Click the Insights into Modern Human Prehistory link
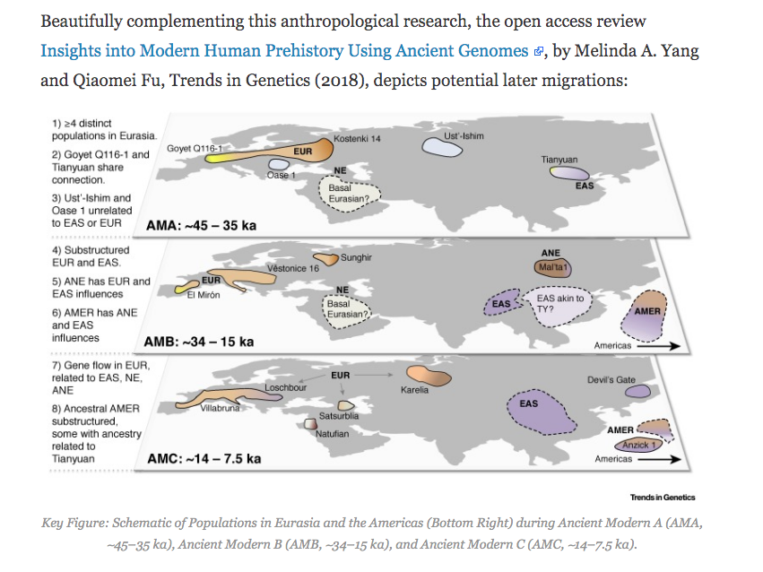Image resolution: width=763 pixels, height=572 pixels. pyautogui.click(x=284, y=50)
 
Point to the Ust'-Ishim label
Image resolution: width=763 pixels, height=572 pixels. pyautogui.click(x=464, y=135)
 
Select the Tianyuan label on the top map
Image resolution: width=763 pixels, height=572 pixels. pyautogui.click(x=559, y=159)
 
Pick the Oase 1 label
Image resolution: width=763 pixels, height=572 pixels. pyautogui.click(x=281, y=175)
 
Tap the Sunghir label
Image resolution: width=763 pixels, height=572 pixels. pyautogui.click(x=356, y=258)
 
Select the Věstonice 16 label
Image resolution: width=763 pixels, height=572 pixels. pyautogui.click(x=293, y=268)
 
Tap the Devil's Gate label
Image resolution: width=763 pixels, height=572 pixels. pyautogui.click(x=611, y=380)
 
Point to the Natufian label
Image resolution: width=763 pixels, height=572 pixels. pyautogui.click(x=332, y=434)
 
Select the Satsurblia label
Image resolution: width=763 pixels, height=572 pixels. pyautogui.click(x=340, y=417)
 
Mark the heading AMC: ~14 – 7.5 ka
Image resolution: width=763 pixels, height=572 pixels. pyautogui.click(x=204, y=459)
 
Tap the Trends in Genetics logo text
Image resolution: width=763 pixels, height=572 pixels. pyautogui.click(x=663, y=498)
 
